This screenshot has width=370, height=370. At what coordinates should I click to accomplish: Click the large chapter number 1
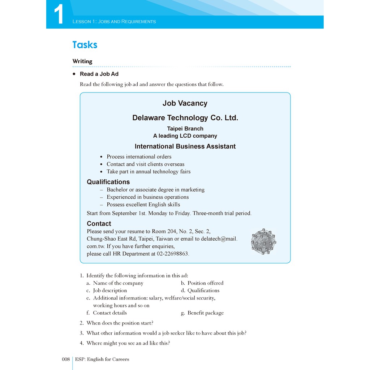59,14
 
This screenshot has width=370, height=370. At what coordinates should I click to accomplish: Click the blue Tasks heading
85,45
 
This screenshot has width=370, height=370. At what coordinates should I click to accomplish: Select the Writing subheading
82,61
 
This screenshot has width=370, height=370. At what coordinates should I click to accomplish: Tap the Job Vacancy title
185,103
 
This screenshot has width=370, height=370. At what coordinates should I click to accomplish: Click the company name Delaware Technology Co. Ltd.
185,118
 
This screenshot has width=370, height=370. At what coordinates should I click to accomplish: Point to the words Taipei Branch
185,129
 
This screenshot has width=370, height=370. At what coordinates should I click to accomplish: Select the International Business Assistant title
185,146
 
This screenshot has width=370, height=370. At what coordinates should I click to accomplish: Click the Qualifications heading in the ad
108,182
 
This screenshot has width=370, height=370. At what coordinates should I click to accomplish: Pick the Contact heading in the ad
99,224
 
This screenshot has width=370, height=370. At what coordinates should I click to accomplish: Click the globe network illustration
263,242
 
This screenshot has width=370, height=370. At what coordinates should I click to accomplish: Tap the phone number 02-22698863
172,254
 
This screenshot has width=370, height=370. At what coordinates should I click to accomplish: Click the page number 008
65,359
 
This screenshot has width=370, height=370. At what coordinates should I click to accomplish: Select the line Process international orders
139,157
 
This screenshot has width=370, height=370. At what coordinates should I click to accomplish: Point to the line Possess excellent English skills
143,205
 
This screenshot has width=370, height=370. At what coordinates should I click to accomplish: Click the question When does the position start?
120,323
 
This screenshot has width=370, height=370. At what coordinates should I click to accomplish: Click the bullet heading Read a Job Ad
99,74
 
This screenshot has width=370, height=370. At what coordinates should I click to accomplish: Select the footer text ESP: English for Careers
102,359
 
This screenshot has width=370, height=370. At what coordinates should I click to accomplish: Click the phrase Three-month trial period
222,213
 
